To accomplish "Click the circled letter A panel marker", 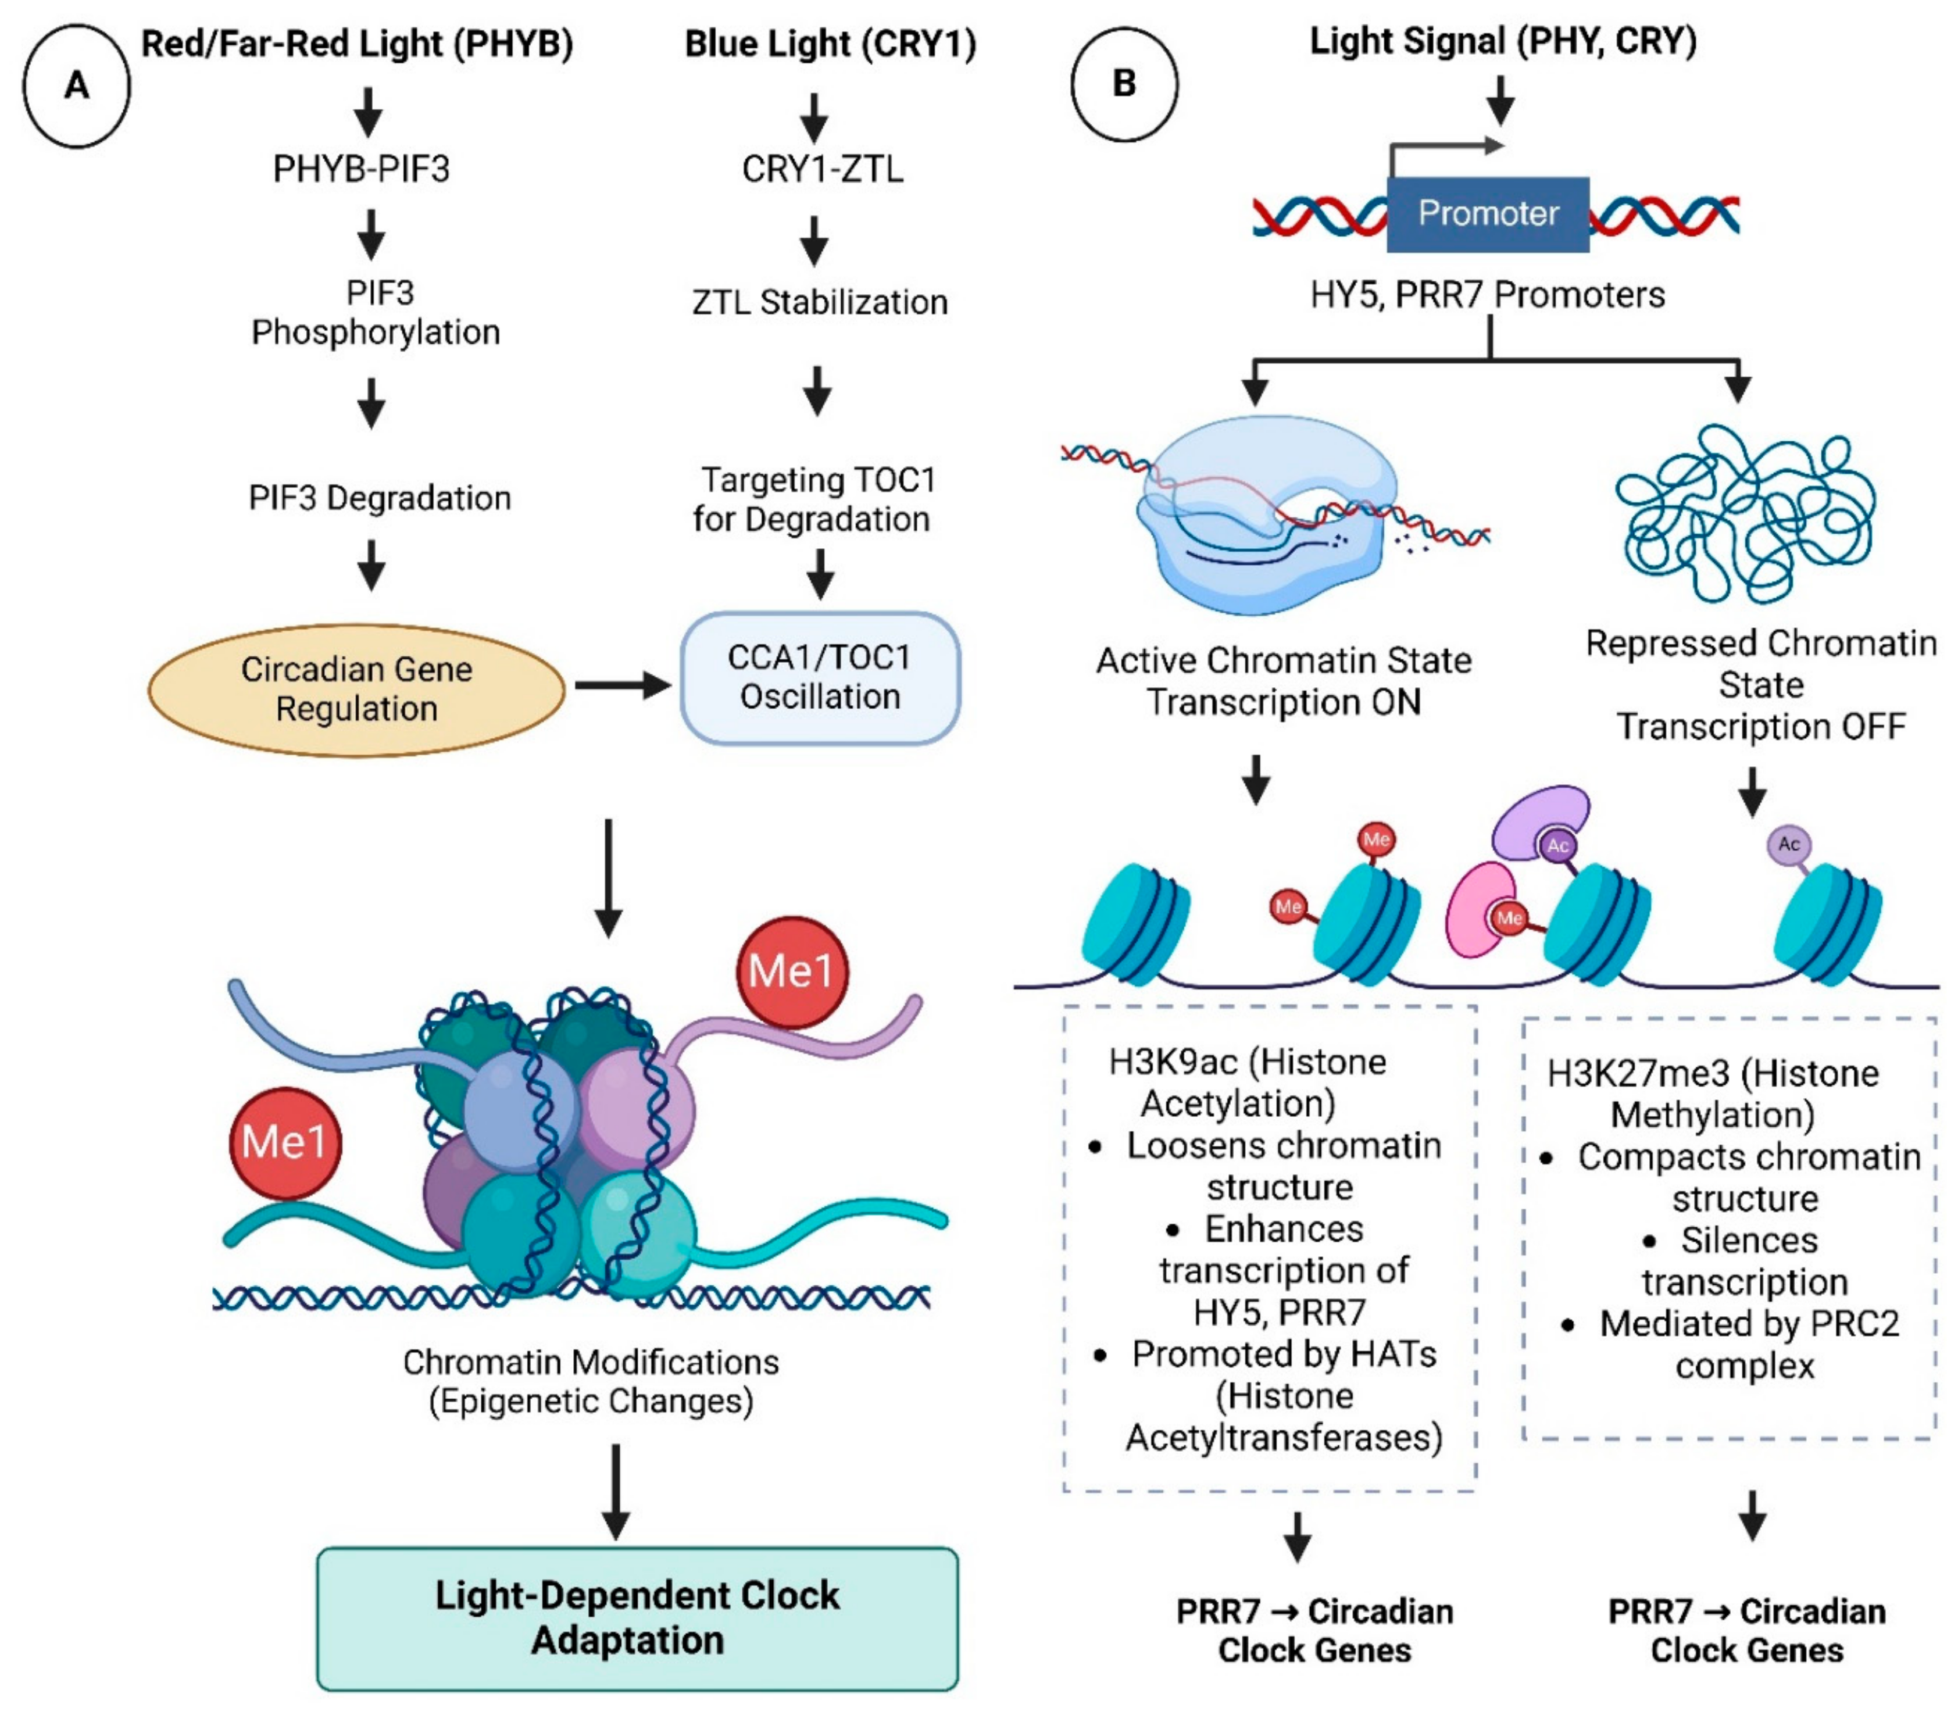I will (x=77, y=86).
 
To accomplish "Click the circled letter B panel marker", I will (x=1124, y=84).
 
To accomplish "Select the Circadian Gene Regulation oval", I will (x=356, y=689).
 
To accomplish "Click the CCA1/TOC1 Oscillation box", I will (x=820, y=678).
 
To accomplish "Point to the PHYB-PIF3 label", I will (x=361, y=169).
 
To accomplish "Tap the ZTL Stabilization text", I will (x=820, y=302).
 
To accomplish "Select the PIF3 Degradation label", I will (x=380, y=498).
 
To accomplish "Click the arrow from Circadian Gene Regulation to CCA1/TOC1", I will (x=622, y=685).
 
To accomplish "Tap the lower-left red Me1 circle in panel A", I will (x=285, y=1143).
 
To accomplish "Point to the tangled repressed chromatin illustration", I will (x=1743, y=515).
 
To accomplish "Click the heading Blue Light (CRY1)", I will (x=830, y=44).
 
